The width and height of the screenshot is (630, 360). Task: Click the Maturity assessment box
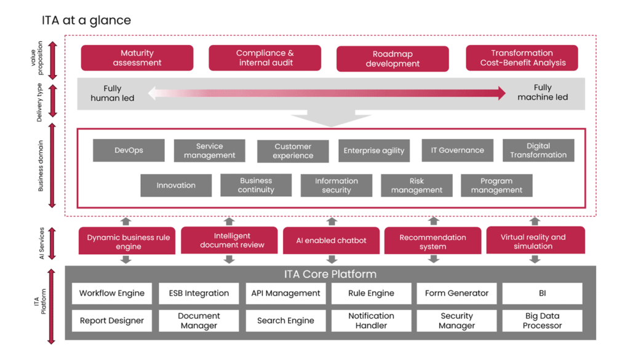coord(137,58)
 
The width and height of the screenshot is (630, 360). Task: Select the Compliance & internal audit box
coord(265,58)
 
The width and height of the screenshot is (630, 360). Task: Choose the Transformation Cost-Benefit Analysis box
coord(522,58)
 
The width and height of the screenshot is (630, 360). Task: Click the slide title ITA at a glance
coord(86,20)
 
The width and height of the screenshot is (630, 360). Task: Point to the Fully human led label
coord(113,93)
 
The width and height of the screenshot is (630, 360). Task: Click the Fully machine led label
coord(543,93)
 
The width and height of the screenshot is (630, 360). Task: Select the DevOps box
coord(129,150)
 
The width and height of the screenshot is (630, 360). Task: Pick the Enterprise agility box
coord(374,151)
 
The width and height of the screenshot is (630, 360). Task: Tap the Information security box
coord(336,185)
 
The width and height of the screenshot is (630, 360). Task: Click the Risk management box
coord(417,185)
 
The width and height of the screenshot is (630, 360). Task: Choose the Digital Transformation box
coord(538,150)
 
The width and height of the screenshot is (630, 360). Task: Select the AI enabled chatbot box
coord(331,241)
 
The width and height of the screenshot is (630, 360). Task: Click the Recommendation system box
coord(433,241)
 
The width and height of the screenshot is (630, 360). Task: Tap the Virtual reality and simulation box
coord(533,241)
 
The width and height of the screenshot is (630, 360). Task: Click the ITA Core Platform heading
coord(330,274)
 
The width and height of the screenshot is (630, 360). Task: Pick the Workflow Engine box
coord(112,294)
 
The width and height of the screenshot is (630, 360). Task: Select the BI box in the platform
coord(542,294)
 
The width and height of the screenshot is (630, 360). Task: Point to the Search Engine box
coord(285,321)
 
